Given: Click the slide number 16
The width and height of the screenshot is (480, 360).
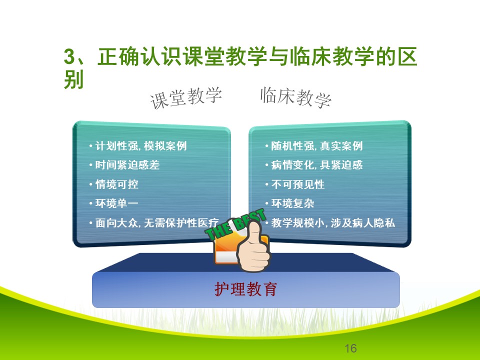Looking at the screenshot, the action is coord(350,348).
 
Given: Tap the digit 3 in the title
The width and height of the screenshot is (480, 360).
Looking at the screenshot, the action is coord(69,57).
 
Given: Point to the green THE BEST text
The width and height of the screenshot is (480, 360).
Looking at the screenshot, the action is coord(235,224).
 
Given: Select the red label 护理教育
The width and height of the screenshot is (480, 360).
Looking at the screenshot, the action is coord(246,289).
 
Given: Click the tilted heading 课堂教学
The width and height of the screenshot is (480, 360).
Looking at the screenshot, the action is coord(186,98).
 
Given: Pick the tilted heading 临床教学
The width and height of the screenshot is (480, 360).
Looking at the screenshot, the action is coord(295,97).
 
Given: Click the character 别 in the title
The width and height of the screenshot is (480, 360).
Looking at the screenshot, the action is coord(74,79).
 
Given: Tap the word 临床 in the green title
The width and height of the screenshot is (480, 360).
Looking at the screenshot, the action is coord(310,56).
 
